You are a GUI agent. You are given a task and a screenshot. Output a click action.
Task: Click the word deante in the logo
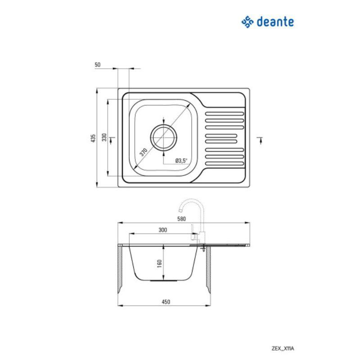point(276,21)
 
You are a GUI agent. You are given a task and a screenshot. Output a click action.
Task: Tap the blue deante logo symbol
point(248,21)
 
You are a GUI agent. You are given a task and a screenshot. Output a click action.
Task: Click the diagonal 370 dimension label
point(144,152)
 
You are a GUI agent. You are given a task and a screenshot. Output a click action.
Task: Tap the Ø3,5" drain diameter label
point(181,160)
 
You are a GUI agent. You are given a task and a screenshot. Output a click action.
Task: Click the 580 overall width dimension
point(182,219)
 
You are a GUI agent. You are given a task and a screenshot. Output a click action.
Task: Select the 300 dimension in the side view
point(163,230)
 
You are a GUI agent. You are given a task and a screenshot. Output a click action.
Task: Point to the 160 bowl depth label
point(160,263)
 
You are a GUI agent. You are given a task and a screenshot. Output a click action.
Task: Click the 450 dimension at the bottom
point(166,302)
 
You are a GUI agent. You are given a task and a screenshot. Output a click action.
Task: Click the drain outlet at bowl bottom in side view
point(163,279)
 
